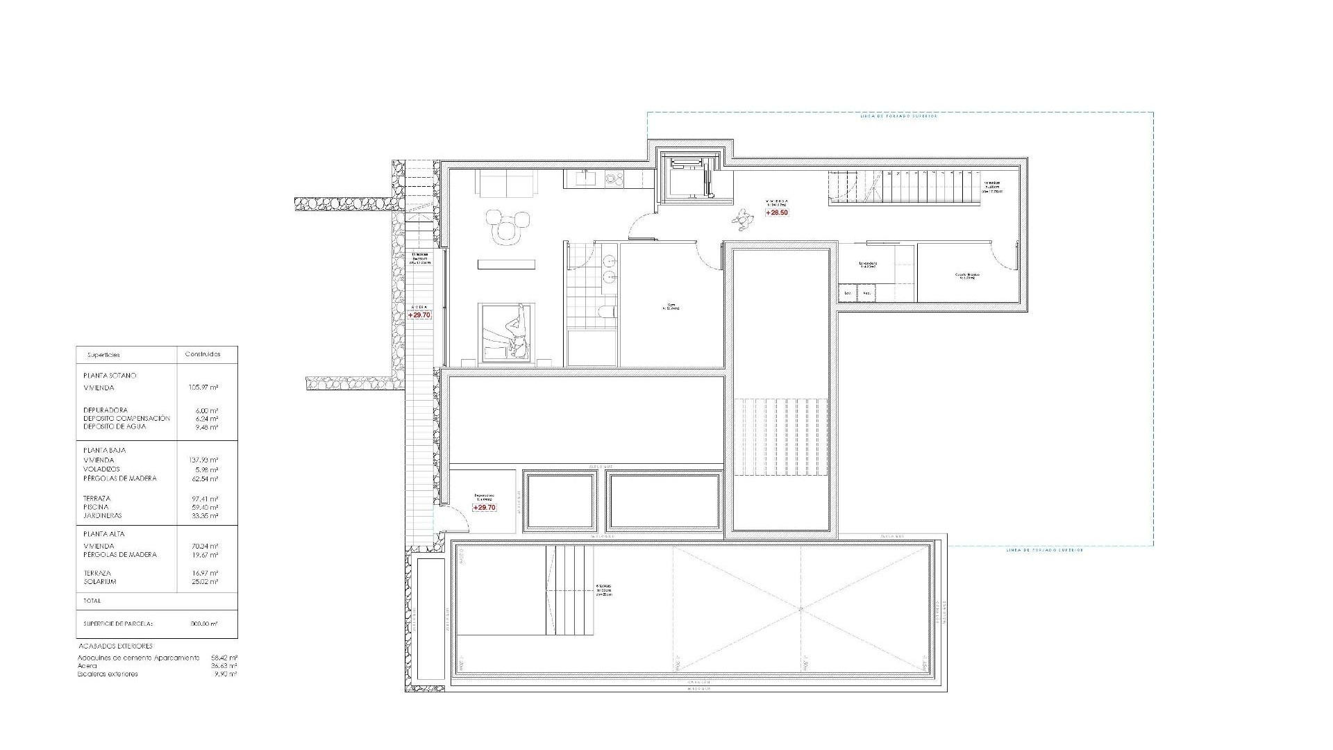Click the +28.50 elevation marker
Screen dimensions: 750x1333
coord(777,212)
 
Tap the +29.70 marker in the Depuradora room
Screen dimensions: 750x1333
coord(485,508)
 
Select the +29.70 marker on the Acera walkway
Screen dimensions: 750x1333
coord(419,315)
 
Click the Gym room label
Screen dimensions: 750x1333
coord(671,306)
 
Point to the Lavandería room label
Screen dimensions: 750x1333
coord(868,265)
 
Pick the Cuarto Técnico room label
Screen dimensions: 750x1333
coord(966,276)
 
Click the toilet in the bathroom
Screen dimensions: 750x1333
coord(606,310)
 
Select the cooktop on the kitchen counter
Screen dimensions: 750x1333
coord(614,178)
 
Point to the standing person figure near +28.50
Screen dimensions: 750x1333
coord(744,220)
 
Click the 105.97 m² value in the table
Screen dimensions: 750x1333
coord(203,387)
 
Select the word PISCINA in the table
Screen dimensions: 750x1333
coord(96,507)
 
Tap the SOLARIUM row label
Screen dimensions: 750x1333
coord(99,582)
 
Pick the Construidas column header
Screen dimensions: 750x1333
coord(203,354)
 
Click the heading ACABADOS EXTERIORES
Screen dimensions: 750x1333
coord(115,646)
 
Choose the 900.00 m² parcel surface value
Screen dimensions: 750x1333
coord(203,624)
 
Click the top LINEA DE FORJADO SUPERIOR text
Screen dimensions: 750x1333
coord(898,117)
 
